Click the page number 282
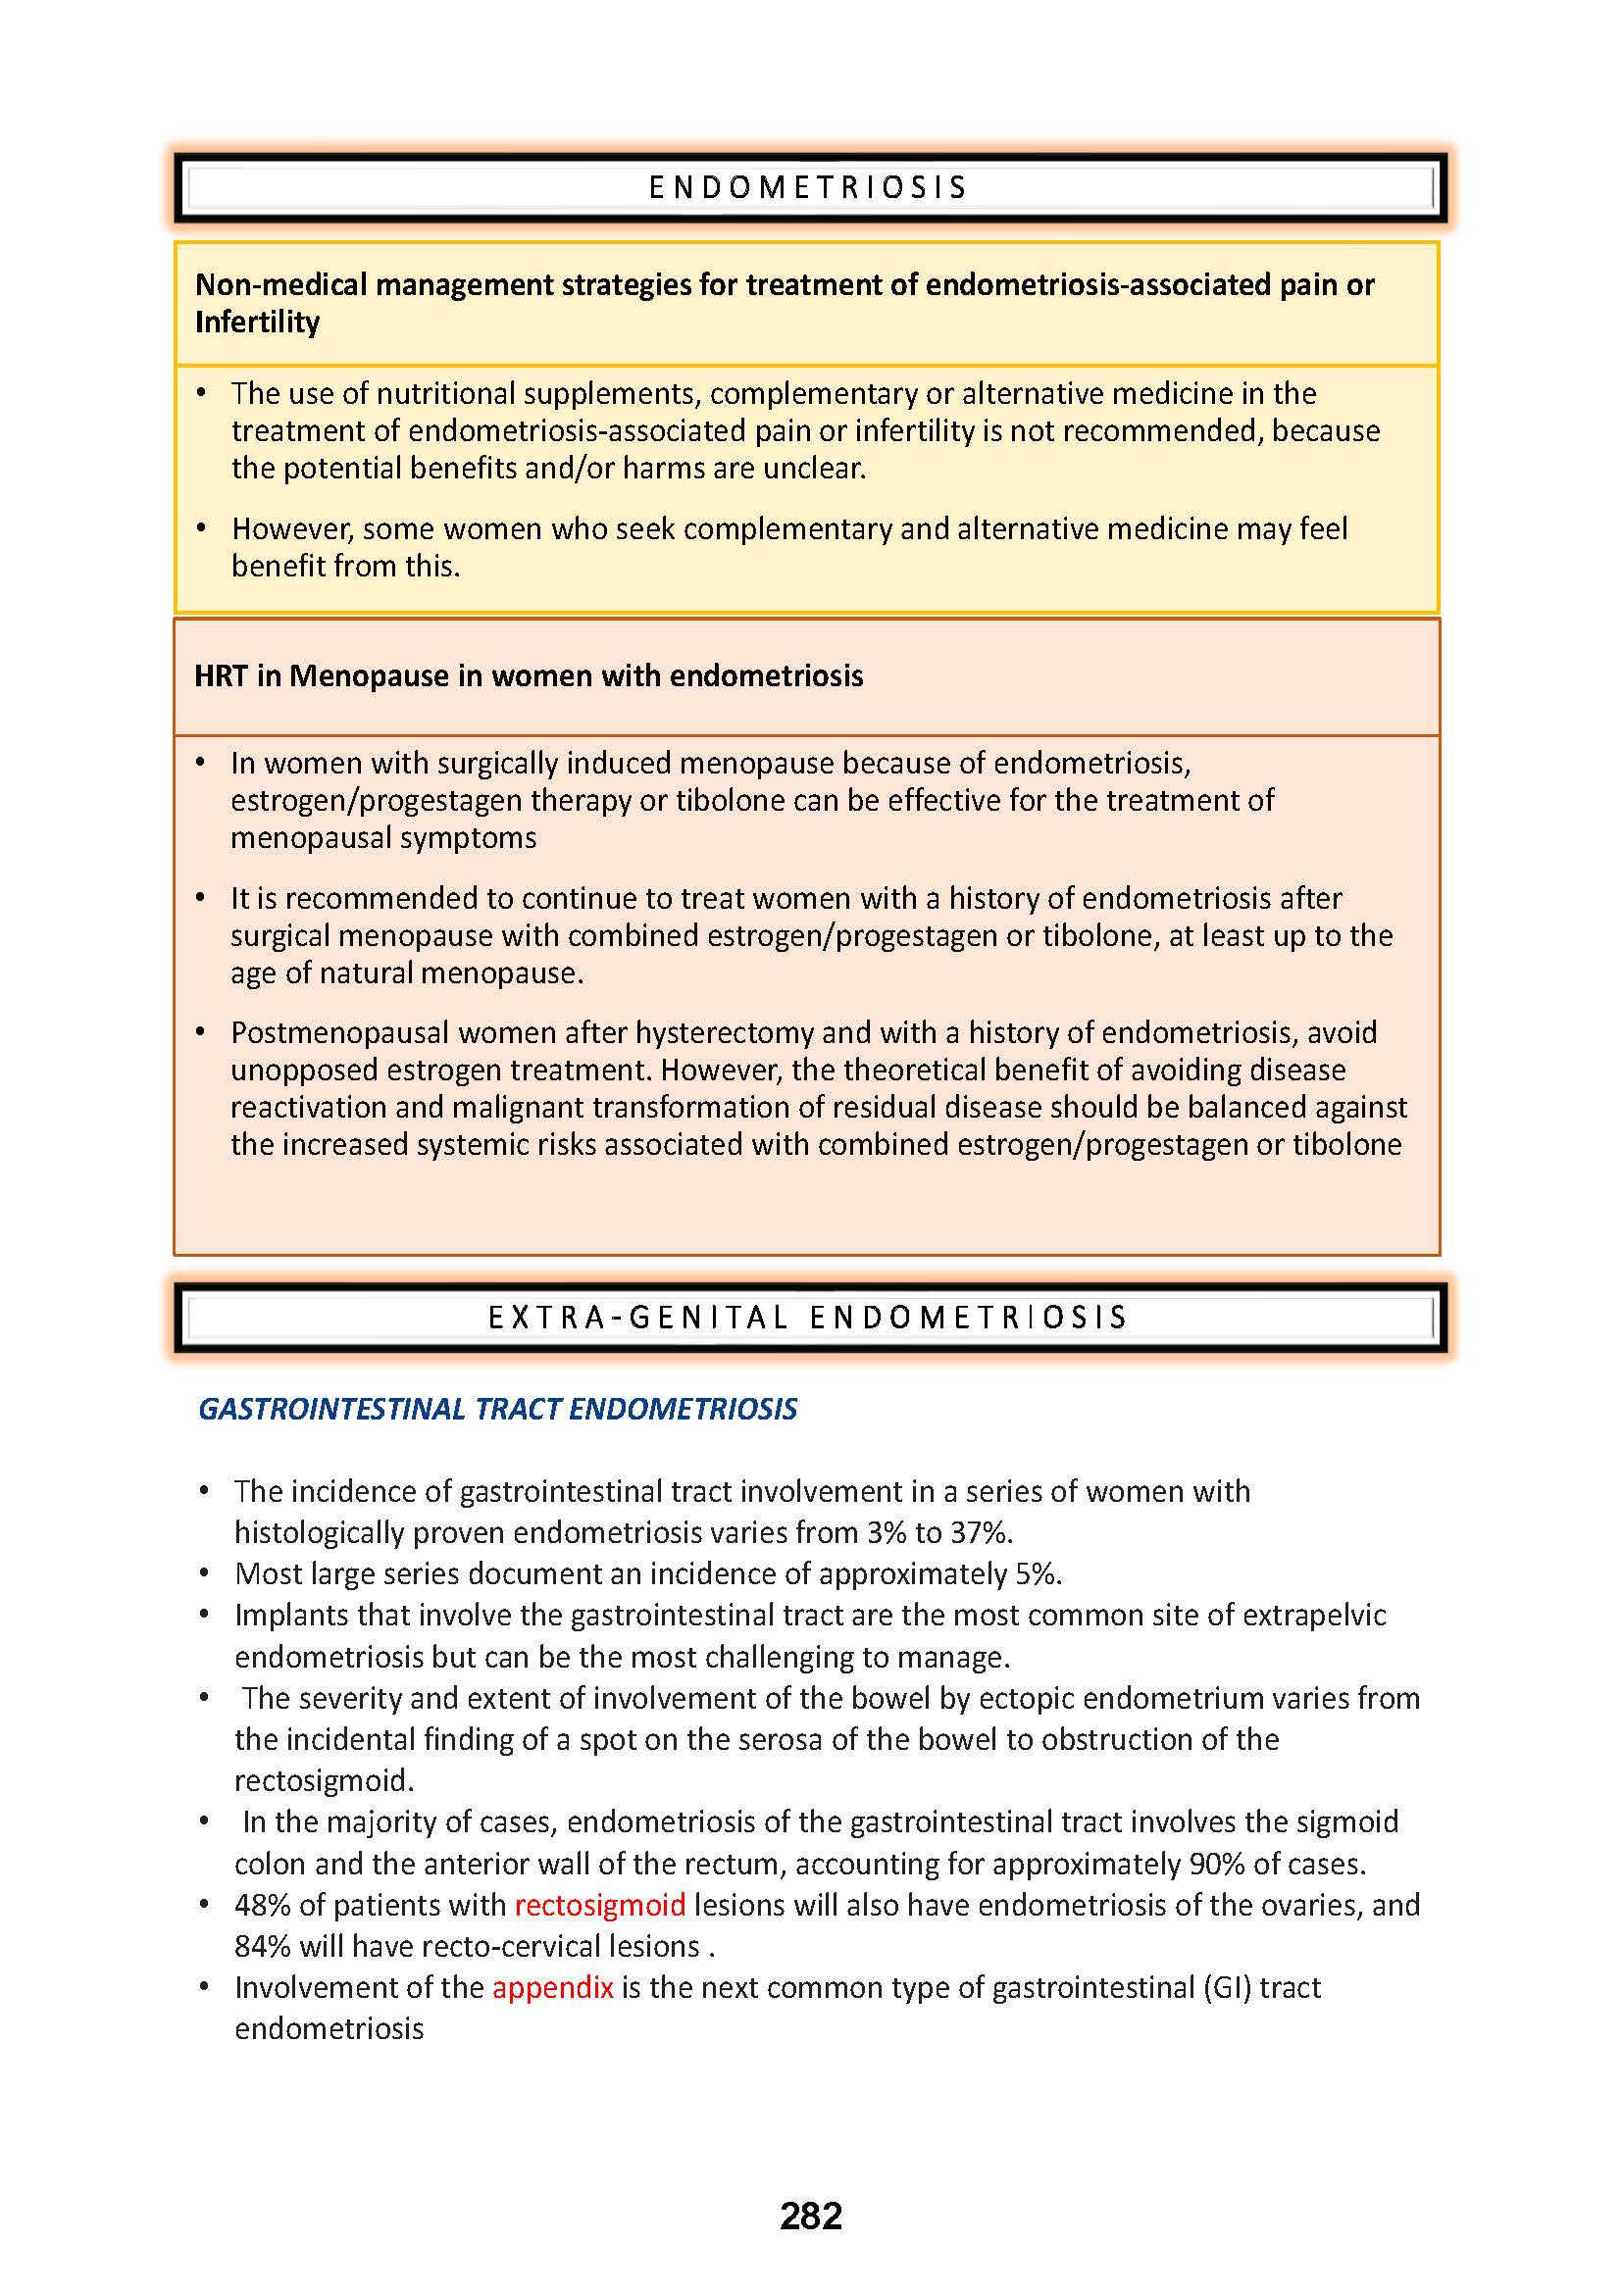(x=810, y=2217)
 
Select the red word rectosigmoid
(x=599, y=1905)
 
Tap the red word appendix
(x=552, y=1987)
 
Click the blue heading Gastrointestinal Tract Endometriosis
(x=497, y=1408)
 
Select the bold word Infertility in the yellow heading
(x=257, y=323)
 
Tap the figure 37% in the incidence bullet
(x=980, y=1532)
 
